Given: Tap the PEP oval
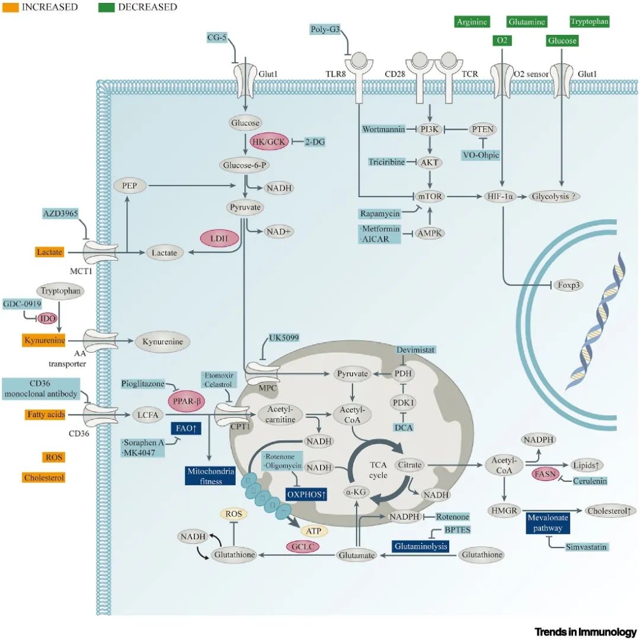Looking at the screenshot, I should (x=130, y=185).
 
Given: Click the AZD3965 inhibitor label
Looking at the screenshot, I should (x=60, y=213).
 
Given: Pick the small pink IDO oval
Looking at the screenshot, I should (x=46, y=318).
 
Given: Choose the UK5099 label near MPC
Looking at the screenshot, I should (x=284, y=338).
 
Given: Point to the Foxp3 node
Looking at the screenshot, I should (x=569, y=285).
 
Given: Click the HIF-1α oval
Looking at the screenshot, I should (x=501, y=196).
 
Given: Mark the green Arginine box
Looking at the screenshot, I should (x=472, y=22).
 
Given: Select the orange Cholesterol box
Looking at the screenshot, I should (x=44, y=478).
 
